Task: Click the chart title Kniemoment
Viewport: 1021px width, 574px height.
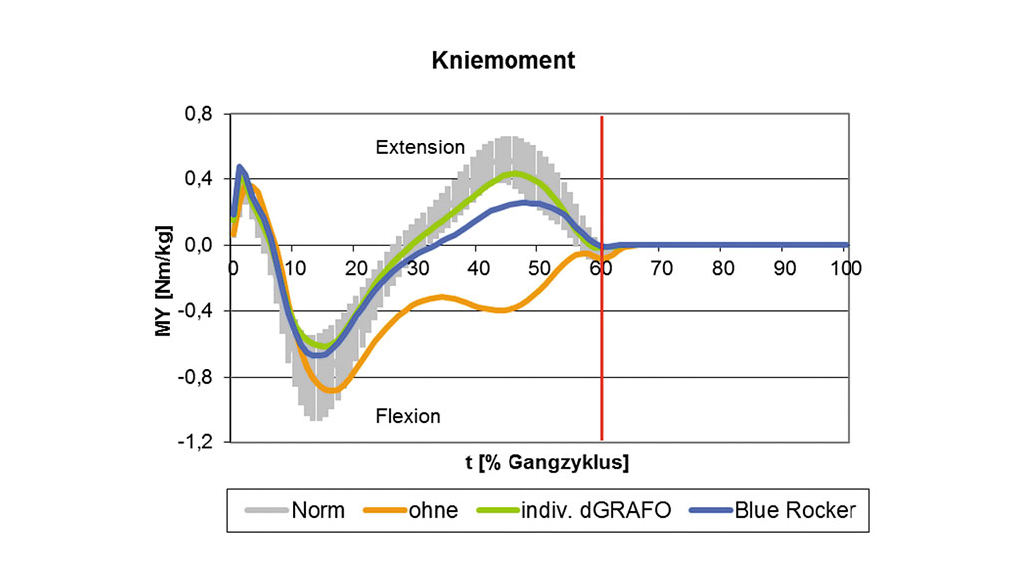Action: click(503, 60)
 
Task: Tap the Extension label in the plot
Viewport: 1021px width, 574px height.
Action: click(420, 147)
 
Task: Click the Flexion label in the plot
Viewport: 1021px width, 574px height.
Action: click(407, 415)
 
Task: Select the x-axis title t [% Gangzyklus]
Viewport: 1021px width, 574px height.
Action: click(539, 462)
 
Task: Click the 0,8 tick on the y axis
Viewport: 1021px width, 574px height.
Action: click(199, 114)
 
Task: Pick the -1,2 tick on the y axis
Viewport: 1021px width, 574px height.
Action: click(197, 442)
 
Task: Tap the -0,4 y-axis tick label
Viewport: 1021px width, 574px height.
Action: click(197, 311)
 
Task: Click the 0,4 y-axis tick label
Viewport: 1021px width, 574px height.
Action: click(199, 179)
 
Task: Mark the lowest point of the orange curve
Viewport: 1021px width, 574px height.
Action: click(333, 389)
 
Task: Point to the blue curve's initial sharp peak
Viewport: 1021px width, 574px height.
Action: click(240, 167)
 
